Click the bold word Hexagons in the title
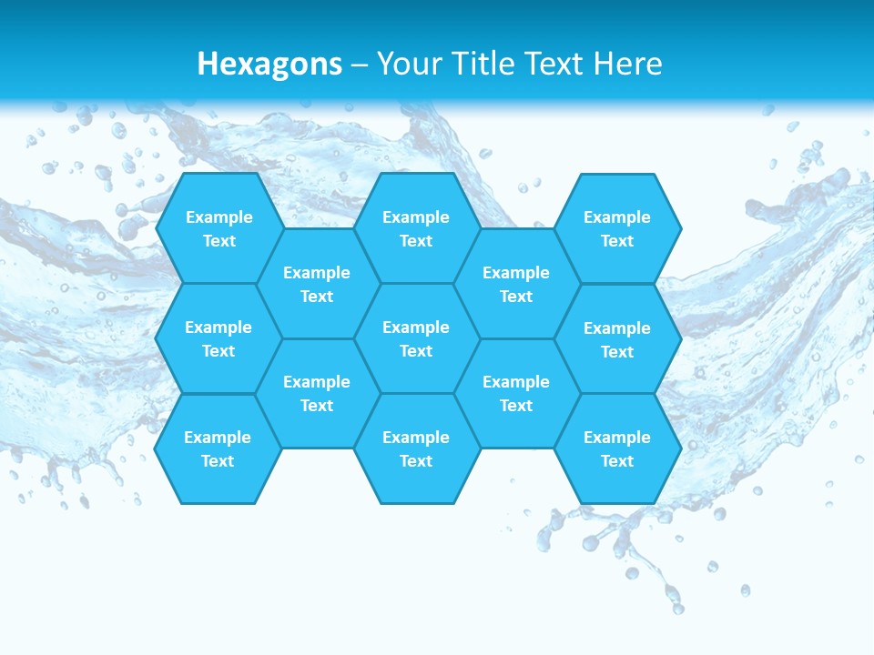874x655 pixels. pyautogui.click(x=269, y=65)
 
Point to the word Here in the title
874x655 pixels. pyautogui.click(x=627, y=64)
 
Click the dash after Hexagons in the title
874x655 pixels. pyautogui.click(x=360, y=65)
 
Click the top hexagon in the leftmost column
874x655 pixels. pyautogui.click(x=218, y=228)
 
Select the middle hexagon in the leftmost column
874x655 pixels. pyautogui.click(x=218, y=338)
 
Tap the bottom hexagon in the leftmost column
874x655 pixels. pyautogui.click(x=218, y=448)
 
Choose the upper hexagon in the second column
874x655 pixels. pyautogui.click(x=317, y=284)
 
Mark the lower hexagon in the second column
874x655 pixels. pyautogui.click(x=317, y=393)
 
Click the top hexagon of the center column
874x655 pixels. pyautogui.click(x=416, y=228)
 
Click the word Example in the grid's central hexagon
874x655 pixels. pyautogui.click(x=416, y=327)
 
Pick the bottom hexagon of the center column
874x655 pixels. pyautogui.click(x=416, y=448)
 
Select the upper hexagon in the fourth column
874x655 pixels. pyautogui.click(x=516, y=284)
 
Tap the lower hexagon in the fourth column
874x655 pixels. pyautogui.click(x=516, y=393)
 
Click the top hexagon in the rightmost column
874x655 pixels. pyautogui.click(x=617, y=228)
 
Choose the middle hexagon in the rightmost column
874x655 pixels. pyautogui.click(x=617, y=339)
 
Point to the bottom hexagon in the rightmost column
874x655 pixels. pyautogui.click(x=617, y=448)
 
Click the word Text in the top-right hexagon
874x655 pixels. pyautogui.click(x=617, y=241)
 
